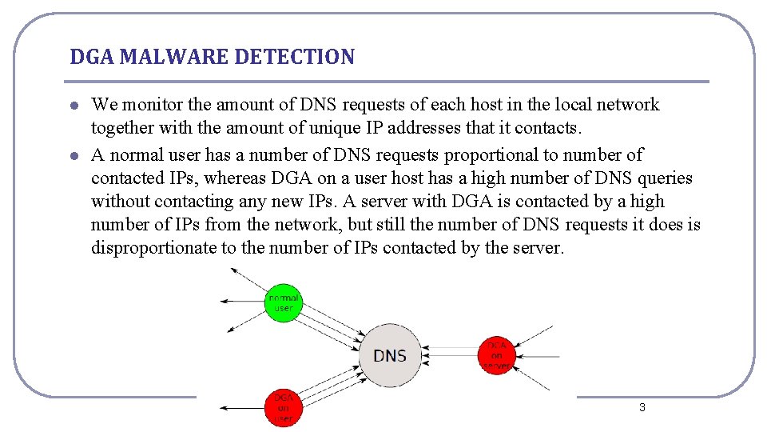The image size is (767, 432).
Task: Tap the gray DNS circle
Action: click(390, 355)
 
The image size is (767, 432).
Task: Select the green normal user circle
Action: click(283, 302)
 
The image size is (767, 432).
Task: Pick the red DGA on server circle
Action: click(497, 355)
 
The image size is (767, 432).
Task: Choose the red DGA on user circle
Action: click(284, 407)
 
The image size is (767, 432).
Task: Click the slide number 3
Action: click(642, 408)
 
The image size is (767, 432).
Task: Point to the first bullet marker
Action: click(74, 106)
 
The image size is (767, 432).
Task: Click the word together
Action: click(123, 128)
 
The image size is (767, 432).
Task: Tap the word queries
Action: click(665, 178)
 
